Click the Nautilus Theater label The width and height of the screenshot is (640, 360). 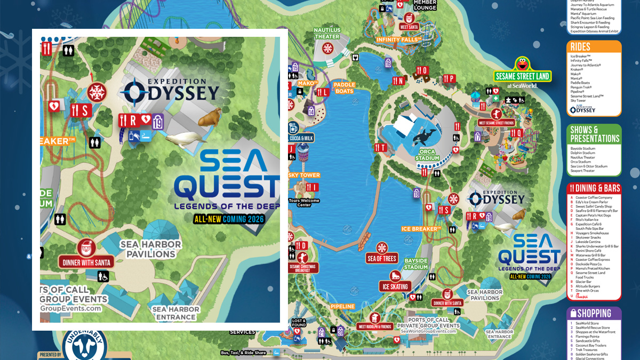click(x=327, y=33)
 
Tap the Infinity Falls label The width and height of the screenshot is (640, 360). click(x=399, y=39)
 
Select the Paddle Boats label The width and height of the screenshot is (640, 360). click(x=344, y=88)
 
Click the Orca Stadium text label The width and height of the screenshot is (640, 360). click(x=427, y=155)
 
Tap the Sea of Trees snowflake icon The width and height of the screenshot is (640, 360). click(x=382, y=248)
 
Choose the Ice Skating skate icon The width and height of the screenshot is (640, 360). click(x=395, y=276)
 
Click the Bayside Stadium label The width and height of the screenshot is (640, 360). click(x=415, y=264)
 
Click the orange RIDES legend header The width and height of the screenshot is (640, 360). click(x=594, y=47)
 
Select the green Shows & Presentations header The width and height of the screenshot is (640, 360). click(x=594, y=134)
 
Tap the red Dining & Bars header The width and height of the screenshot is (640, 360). click(x=594, y=188)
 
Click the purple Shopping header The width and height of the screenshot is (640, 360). click(x=594, y=314)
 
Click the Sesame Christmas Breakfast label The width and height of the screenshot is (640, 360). click(x=302, y=267)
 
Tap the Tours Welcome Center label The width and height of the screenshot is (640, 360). click(x=305, y=203)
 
